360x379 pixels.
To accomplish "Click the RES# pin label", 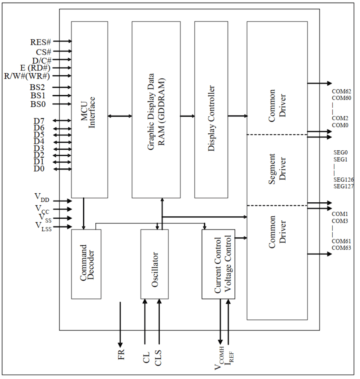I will (39, 42).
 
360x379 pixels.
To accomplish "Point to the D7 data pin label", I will (39, 121).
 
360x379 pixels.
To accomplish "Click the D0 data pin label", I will (39, 169).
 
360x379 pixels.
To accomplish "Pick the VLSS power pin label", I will (43, 227).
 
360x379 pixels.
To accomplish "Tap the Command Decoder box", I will (86, 264).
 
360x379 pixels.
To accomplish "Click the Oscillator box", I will (154, 264).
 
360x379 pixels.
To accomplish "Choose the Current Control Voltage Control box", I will (218, 264).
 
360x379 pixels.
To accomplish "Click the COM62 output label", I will (341, 92).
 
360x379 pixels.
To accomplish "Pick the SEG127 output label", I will (343, 186).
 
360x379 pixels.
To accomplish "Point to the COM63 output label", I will (341, 248).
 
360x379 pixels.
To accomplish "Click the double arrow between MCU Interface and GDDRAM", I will (120, 116).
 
